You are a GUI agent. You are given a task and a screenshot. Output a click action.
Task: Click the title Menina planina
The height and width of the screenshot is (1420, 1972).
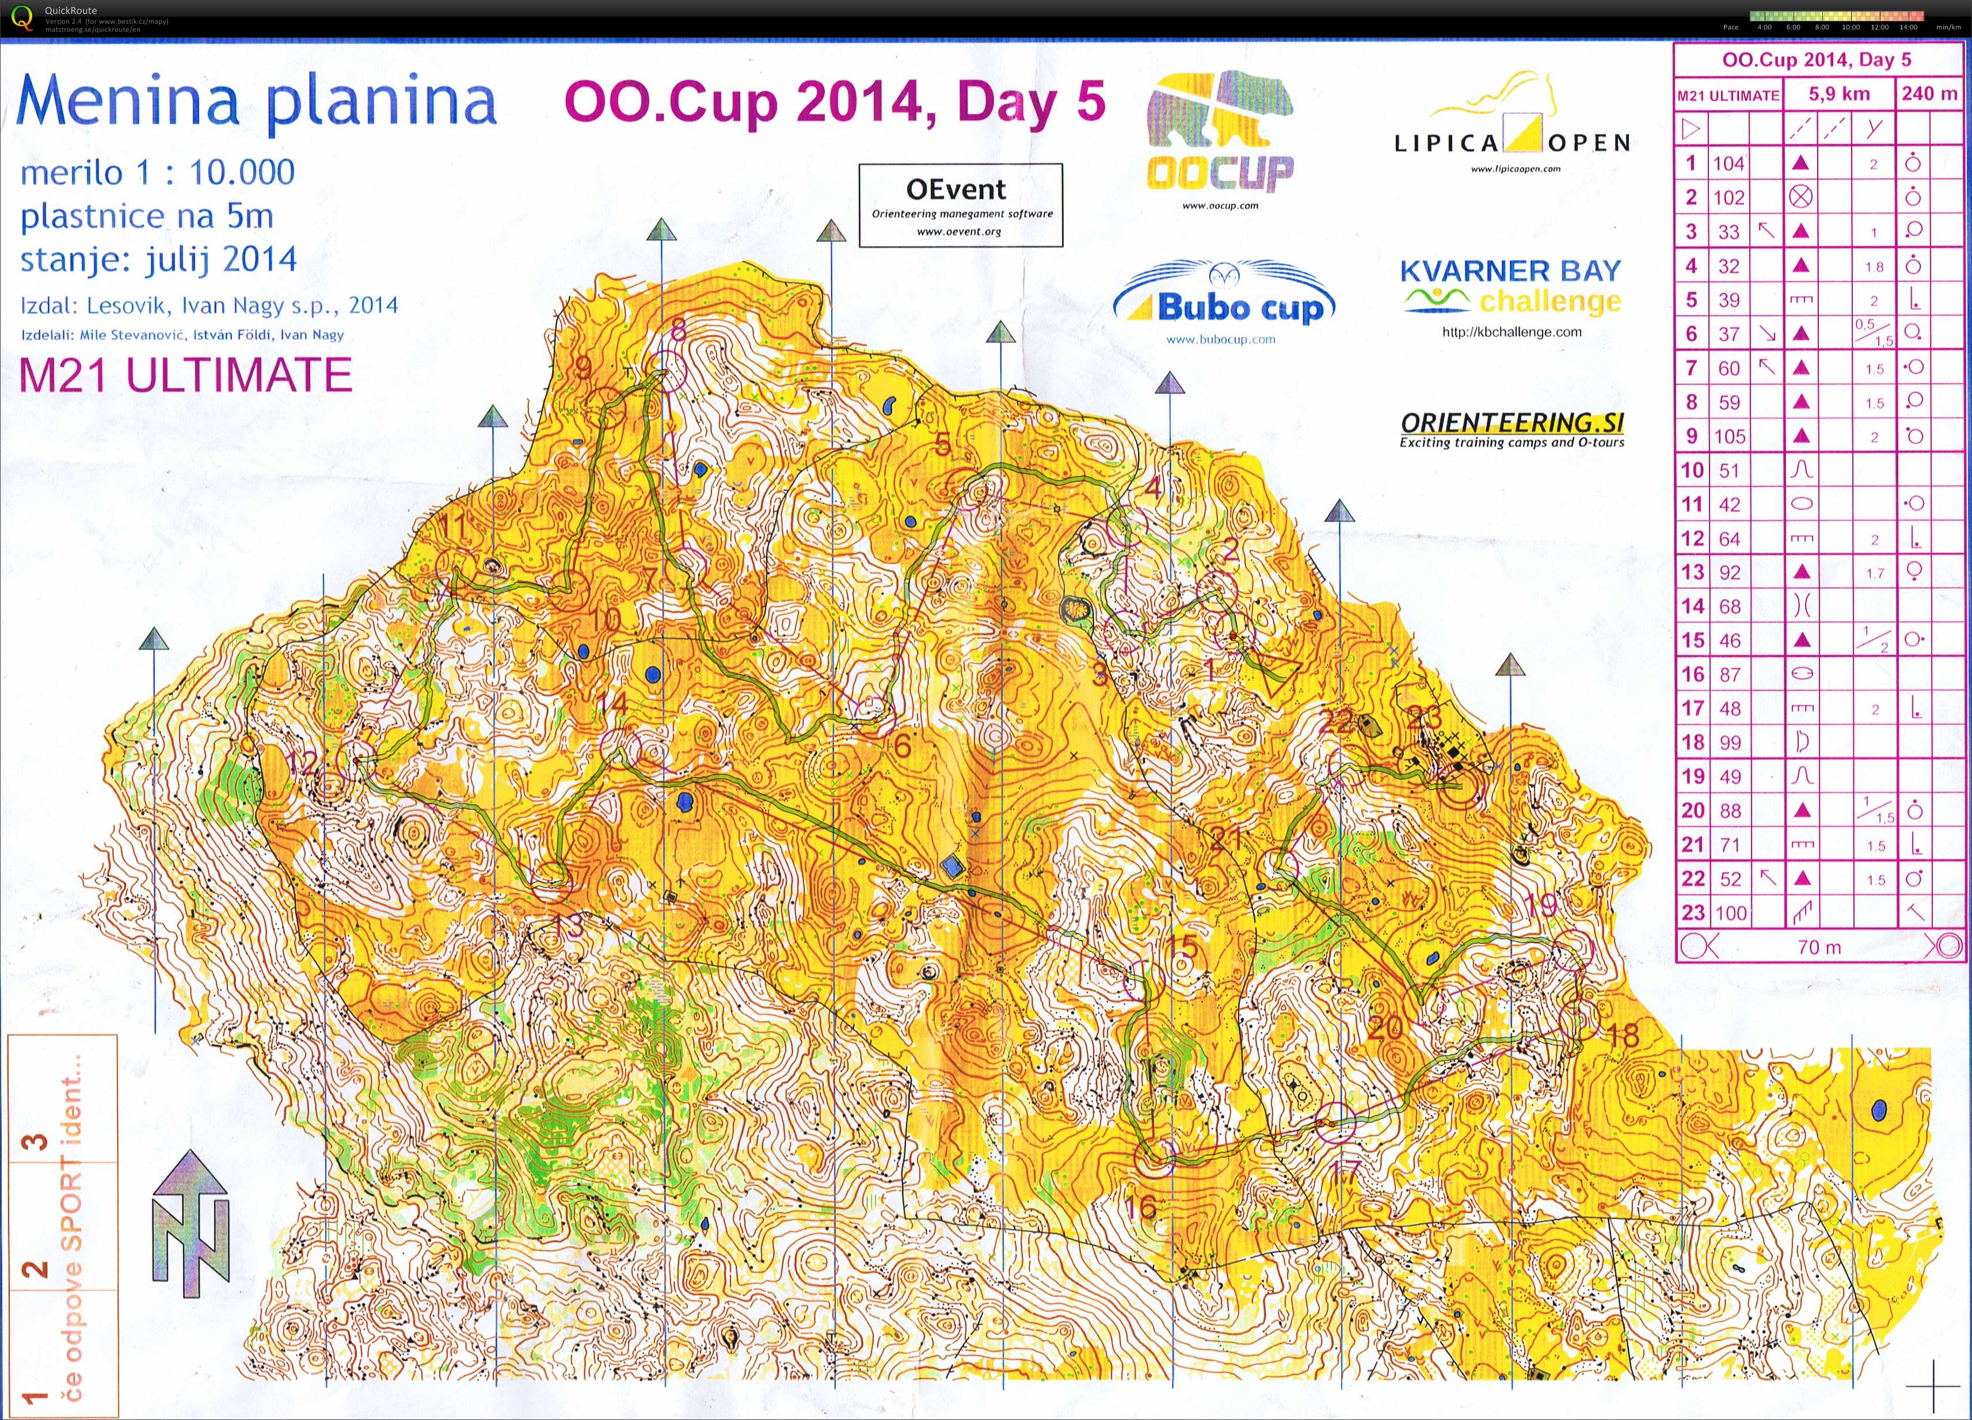[x=257, y=102]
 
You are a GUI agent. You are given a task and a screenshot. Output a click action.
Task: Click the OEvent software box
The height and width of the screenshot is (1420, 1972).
[x=960, y=205]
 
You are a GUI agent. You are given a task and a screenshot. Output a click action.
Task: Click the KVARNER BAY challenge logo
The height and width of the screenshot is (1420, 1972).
[x=1510, y=287]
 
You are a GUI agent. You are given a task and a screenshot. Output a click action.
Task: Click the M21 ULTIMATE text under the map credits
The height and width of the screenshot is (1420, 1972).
[x=185, y=376]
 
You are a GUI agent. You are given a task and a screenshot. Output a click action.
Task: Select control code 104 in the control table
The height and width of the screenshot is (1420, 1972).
[x=1729, y=163]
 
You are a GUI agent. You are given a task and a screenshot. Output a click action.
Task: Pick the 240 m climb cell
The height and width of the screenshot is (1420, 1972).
[x=1928, y=94]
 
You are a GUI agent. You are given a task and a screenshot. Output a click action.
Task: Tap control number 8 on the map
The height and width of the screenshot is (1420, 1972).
[x=678, y=330]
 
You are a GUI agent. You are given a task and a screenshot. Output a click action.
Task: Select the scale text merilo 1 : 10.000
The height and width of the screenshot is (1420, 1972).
[x=157, y=172]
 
